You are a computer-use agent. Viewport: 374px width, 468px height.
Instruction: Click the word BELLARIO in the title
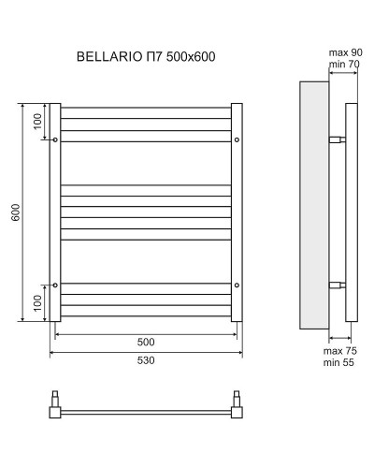[x=105, y=57]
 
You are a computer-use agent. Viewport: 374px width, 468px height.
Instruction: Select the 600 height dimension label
[x=15, y=212]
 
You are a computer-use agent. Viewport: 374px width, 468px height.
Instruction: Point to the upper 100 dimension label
[x=36, y=122]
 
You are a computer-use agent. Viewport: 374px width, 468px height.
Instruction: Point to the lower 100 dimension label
[x=36, y=302]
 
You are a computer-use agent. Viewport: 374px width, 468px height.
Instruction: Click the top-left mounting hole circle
[x=55, y=140]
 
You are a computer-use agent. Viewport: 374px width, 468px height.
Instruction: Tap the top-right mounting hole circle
[x=237, y=140]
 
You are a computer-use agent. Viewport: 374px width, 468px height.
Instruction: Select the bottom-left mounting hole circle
[x=55, y=285]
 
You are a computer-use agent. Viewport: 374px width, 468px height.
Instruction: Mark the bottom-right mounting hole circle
[x=237, y=285]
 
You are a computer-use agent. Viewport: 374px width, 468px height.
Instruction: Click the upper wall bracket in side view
[x=338, y=140]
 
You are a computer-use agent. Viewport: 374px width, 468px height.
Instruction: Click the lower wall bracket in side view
[x=338, y=285]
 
